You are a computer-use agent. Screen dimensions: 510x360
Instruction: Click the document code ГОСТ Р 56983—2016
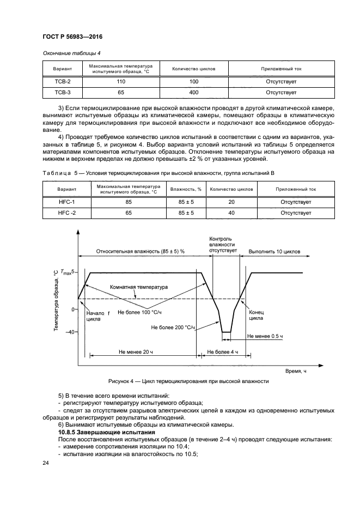pos(72,37)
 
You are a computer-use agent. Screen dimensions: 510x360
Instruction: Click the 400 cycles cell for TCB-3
pos(193,93)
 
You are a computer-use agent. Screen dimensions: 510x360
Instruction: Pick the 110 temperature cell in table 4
pos(121,81)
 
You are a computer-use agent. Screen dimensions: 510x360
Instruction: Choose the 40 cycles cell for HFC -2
pos(231,213)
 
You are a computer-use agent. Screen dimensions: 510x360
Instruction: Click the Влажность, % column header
pos(186,189)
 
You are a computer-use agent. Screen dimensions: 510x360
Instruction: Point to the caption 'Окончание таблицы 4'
pos(71,53)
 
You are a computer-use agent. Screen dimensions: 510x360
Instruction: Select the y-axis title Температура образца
pos(56,301)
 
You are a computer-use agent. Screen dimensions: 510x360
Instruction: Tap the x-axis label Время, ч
pos(296,371)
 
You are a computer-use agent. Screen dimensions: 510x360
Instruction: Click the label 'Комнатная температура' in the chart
pos(139,287)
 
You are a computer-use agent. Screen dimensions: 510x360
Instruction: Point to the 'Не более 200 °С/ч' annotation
pos(173,327)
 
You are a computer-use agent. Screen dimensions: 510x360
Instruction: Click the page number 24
pos(46,463)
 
